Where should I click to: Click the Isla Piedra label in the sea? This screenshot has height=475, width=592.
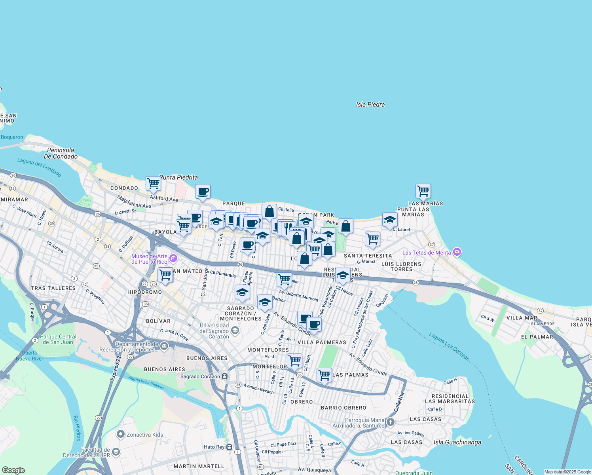click(370, 104)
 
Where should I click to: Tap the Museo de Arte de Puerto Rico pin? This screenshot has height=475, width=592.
click(173, 259)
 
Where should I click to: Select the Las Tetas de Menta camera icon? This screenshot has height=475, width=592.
click(457, 252)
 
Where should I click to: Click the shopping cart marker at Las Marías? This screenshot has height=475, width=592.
click(423, 191)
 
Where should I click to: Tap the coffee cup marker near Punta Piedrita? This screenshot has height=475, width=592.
click(203, 192)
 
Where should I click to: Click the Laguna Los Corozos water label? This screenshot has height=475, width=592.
click(449, 347)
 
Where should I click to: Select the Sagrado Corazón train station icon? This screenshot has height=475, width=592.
click(225, 376)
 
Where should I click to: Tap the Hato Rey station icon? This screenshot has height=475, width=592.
click(230, 447)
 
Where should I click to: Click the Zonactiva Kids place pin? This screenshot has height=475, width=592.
click(121, 434)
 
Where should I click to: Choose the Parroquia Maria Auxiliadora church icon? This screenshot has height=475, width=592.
click(391, 422)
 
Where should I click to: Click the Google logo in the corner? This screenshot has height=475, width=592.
click(13, 470)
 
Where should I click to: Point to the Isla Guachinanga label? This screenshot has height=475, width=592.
click(457, 442)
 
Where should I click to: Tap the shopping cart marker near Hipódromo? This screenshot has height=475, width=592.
click(165, 275)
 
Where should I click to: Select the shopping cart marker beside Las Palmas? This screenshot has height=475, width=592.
click(324, 374)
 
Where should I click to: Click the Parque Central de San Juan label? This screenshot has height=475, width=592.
click(58, 339)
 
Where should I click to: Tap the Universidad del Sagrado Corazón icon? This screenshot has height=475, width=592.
click(235, 331)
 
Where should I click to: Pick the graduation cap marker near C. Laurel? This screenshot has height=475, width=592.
click(390, 220)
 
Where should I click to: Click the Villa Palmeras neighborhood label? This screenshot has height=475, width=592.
click(322, 342)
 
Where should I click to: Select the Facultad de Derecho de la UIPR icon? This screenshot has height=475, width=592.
click(116, 452)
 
